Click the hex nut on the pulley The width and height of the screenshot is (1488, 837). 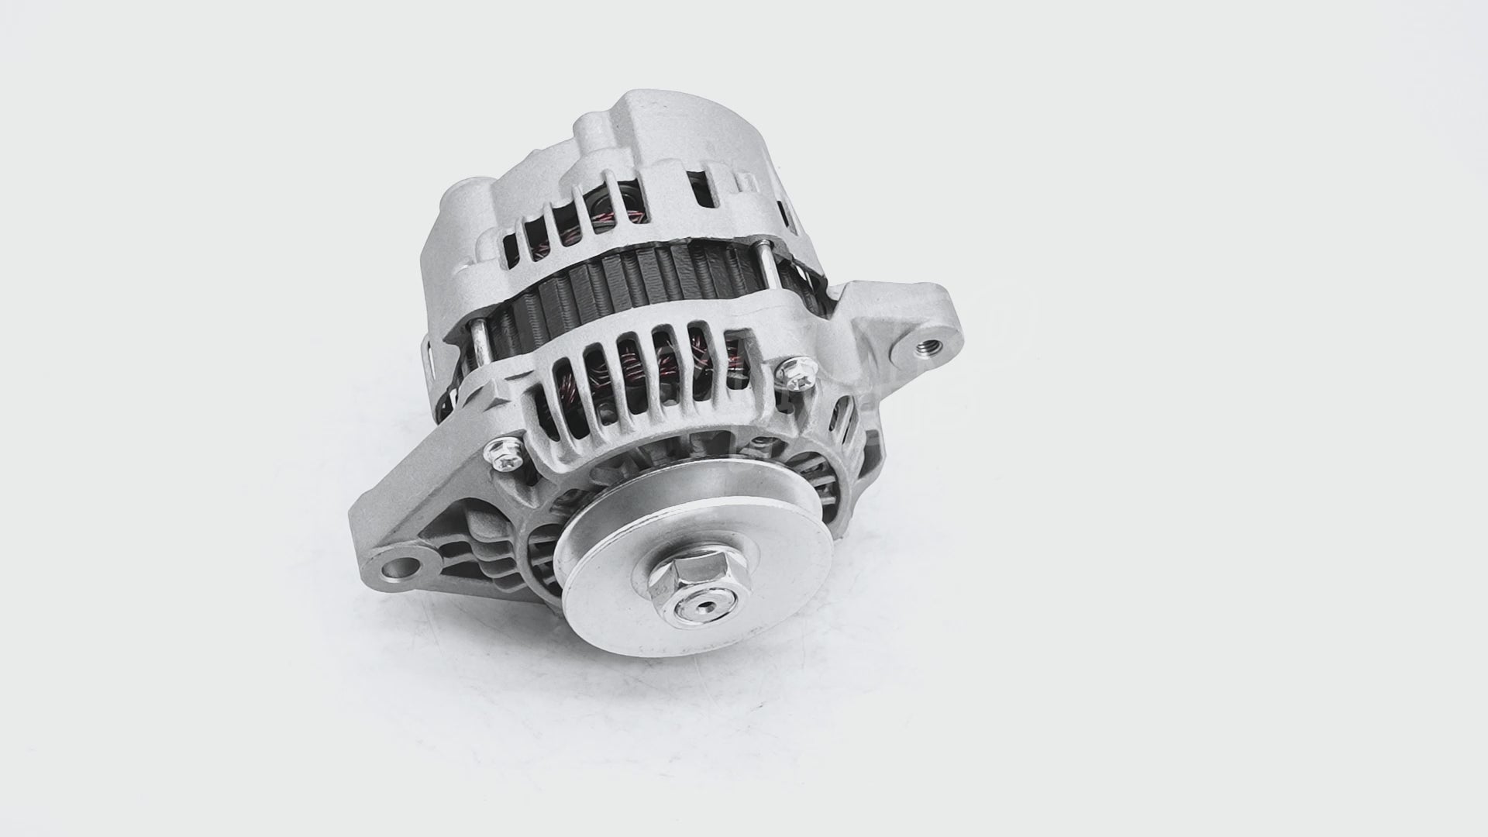[x=681, y=588]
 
